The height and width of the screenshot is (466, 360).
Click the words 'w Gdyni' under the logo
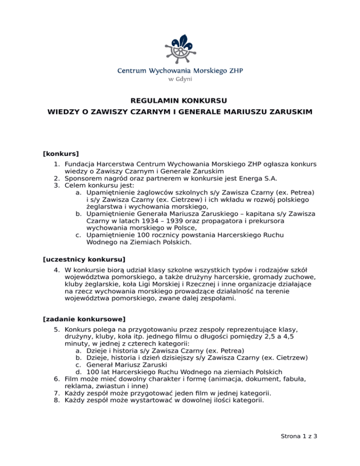click(x=180, y=79)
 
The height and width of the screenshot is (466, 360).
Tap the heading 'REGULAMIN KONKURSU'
click(x=180, y=101)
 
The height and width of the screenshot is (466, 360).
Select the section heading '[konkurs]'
click(x=60, y=153)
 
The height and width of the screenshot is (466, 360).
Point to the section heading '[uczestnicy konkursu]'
click(x=84, y=259)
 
